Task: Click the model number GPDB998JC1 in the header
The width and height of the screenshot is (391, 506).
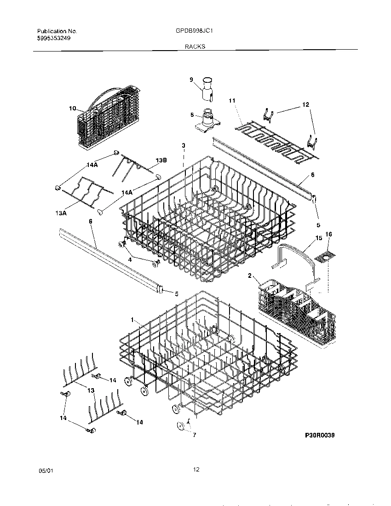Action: coord(194,31)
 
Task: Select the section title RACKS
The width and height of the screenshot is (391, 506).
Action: coord(195,46)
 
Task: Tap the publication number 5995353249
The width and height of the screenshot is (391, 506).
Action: coord(54,38)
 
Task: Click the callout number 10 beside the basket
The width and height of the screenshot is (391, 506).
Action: coord(72,109)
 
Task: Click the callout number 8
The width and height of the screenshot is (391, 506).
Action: coord(192,116)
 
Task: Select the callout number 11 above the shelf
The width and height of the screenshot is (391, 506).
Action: coord(232,100)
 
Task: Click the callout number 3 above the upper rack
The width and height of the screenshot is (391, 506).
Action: coord(183,145)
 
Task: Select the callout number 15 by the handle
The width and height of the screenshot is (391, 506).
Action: coord(319,238)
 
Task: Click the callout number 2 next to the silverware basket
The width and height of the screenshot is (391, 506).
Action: coord(250,276)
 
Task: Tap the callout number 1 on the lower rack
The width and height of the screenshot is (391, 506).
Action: coord(132,320)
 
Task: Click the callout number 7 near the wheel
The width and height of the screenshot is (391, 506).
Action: coord(194,435)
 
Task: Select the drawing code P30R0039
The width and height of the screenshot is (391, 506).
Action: coord(319,435)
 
